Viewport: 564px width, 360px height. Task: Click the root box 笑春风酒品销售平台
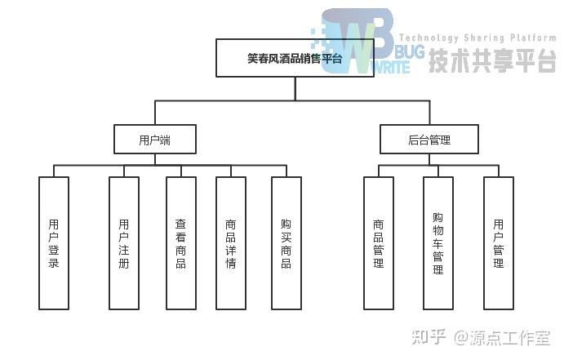[295, 59]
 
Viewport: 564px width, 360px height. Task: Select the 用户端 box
[155, 140]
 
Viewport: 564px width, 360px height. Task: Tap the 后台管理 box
[429, 140]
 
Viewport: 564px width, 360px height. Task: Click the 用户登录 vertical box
[54, 243]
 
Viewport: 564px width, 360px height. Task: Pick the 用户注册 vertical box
[123, 243]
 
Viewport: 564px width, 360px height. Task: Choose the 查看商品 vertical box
[180, 243]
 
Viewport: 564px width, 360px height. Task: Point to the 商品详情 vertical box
[231, 243]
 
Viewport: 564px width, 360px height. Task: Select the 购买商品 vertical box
[286, 243]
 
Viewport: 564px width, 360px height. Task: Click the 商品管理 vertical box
[379, 243]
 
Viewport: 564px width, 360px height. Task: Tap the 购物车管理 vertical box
[438, 243]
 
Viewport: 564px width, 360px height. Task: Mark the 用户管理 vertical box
[499, 243]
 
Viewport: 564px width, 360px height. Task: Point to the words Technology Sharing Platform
[477, 38]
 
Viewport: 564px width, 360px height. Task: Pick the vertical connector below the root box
[295, 88]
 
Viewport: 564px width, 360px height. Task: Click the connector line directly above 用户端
[155, 113]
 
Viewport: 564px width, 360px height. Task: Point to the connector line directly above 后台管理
[429, 113]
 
